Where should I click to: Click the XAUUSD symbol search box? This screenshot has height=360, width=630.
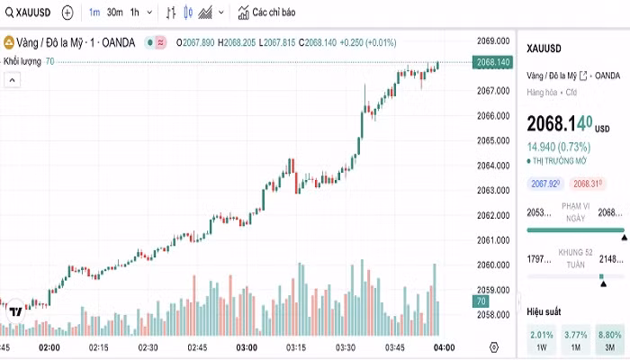pyautogui.click(x=29, y=13)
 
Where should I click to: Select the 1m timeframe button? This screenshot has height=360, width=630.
pyautogui.click(x=94, y=13)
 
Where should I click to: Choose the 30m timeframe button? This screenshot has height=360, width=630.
pyautogui.click(x=114, y=13)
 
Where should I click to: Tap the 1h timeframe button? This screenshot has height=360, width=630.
pyautogui.click(x=134, y=13)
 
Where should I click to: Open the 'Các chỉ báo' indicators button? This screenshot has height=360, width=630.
pyautogui.click(x=266, y=13)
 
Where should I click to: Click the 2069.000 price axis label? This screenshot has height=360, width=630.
pyautogui.click(x=495, y=40)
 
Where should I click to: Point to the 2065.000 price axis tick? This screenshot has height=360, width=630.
pyautogui.click(x=495, y=140)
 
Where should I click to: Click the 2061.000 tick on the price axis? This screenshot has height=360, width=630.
pyautogui.click(x=495, y=240)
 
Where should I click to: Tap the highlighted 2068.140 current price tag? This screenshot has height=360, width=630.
pyautogui.click(x=494, y=62)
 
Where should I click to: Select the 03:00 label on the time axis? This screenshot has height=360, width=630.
pyautogui.click(x=246, y=347)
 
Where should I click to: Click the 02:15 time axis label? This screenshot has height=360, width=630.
pyautogui.click(x=98, y=347)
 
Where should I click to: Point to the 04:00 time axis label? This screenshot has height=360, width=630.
pyautogui.click(x=444, y=347)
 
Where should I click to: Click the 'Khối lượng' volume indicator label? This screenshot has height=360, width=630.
pyautogui.click(x=22, y=60)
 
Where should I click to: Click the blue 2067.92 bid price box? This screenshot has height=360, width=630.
pyautogui.click(x=546, y=184)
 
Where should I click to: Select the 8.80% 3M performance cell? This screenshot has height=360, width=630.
pyautogui.click(x=610, y=339)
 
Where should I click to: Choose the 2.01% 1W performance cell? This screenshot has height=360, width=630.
pyautogui.click(x=543, y=339)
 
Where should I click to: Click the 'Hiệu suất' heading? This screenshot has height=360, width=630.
pyautogui.click(x=544, y=311)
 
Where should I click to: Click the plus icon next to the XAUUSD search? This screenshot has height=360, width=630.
pyautogui.click(x=67, y=13)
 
